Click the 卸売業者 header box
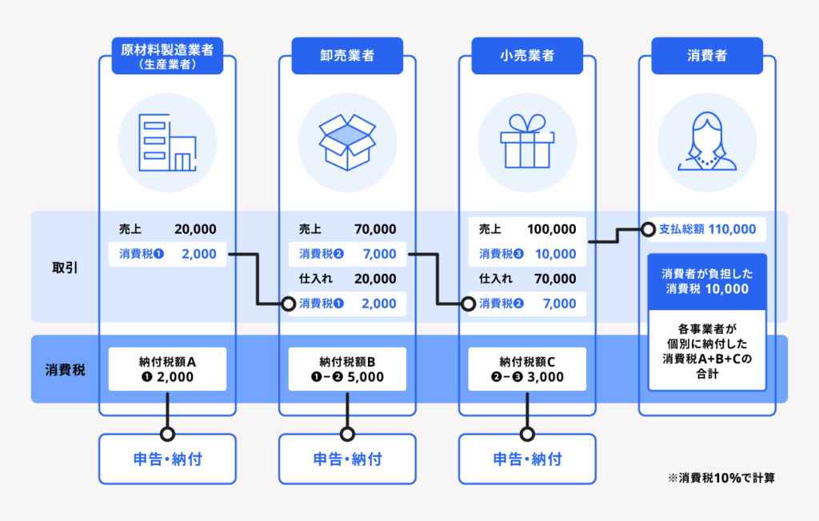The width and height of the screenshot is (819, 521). (347, 55)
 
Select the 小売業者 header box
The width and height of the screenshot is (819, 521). (527, 55)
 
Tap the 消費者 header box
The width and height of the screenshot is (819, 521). (707, 55)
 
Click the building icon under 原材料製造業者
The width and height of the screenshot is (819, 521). (167, 142)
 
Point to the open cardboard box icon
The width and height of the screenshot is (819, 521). (347, 142)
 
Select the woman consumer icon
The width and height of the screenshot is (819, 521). (707, 141)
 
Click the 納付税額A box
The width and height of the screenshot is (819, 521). (167, 369)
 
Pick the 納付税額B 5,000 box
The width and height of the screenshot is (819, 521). (347, 369)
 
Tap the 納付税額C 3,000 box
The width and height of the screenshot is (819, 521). (527, 369)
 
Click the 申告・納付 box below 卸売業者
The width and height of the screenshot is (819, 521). (347, 459)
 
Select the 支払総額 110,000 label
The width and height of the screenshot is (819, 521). (707, 229)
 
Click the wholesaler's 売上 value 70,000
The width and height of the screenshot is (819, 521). (375, 229)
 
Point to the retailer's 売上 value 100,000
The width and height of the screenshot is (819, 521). (552, 229)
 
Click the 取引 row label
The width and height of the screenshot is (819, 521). (65, 268)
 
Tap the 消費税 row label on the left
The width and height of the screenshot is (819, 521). (65, 370)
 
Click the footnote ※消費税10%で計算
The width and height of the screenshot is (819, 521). (721, 478)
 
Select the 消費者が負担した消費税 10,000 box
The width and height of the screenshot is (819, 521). (707, 281)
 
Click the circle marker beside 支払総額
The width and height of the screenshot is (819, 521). (648, 229)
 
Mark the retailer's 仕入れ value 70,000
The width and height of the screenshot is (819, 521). (555, 279)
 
